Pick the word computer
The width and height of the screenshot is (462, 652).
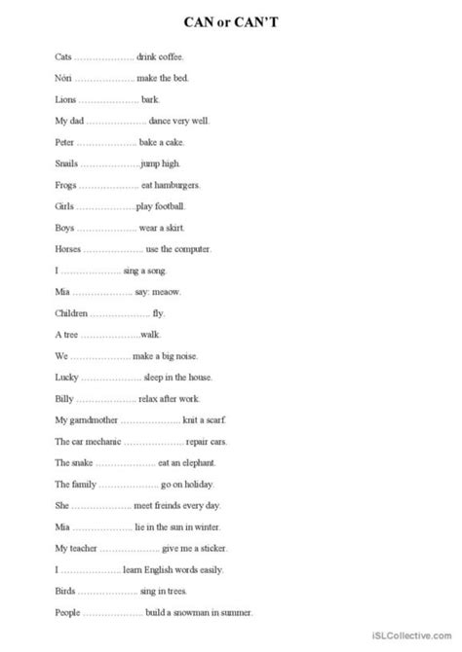coord(191,249)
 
